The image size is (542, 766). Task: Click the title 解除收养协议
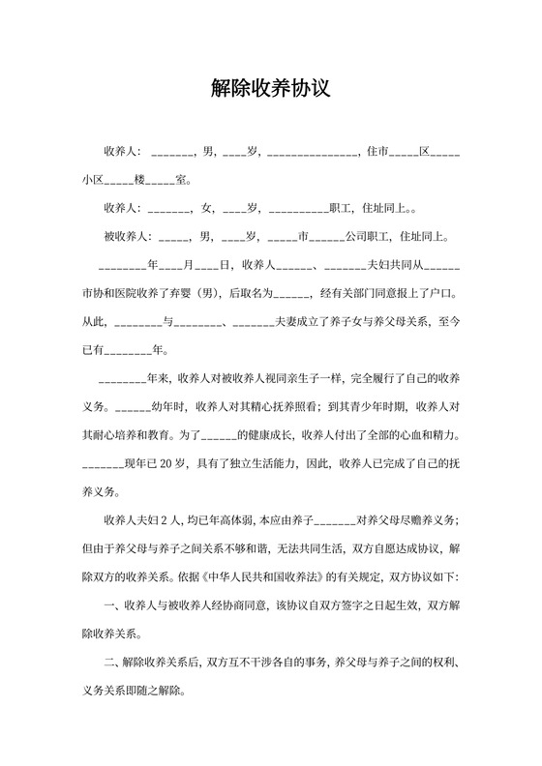coord(271,90)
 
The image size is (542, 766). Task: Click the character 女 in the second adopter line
coord(207,207)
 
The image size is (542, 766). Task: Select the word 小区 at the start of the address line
coord(93,180)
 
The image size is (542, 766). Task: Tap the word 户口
coord(443,291)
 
